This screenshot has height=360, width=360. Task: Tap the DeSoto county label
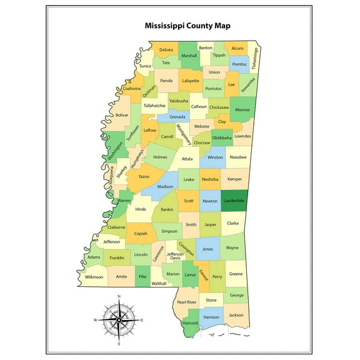coord(166,49)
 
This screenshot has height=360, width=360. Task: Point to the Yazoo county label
coord(144,177)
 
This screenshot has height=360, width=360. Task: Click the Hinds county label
coord(141,209)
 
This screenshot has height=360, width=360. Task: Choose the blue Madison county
coord(165,186)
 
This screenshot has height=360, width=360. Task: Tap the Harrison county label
coord(211,317)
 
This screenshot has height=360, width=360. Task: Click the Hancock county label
coord(190,323)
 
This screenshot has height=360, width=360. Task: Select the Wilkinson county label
coord(94,276)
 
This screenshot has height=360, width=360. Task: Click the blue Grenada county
coord(177,117)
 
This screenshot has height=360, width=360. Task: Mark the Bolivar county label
coord(122,115)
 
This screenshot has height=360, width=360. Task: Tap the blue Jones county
coord(207,249)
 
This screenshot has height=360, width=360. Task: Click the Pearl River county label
coord(186,302)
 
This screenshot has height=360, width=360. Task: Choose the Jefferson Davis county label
coord(175,256)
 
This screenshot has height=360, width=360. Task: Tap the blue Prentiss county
coord(239,64)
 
